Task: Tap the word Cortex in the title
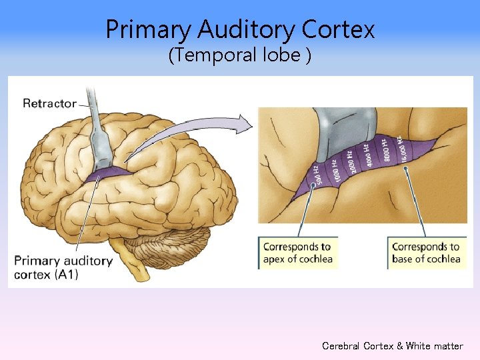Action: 338,29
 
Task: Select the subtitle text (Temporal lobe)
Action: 239,55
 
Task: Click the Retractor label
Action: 49,103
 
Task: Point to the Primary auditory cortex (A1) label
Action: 62,267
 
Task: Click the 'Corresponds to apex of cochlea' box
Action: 297,253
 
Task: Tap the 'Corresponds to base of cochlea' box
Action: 426,253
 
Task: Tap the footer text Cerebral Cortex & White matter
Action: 392,346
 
